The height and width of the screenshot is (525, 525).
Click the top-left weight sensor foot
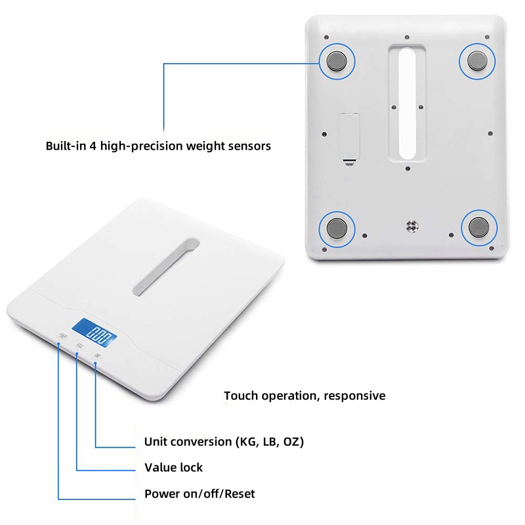(337, 61)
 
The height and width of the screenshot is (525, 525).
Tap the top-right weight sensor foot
(478, 61)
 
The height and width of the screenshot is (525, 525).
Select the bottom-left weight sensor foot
(337, 228)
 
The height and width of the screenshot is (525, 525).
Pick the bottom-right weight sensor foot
(479, 227)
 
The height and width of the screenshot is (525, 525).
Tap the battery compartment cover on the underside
(350, 137)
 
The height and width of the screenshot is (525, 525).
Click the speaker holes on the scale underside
(412, 226)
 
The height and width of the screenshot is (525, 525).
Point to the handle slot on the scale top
(166, 266)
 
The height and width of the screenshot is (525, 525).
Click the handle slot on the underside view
(407, 104)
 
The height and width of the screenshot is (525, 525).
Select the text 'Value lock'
(173, 467)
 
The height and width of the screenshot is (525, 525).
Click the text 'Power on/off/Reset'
(199, 494)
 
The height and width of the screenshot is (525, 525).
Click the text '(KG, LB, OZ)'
(270, 442)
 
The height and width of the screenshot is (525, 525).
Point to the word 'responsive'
(354, 396)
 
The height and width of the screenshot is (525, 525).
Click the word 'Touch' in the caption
(241, 396)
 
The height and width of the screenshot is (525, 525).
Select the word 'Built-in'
(66, 146)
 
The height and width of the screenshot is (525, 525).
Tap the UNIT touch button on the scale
(97, 356)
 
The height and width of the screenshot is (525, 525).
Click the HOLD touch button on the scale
(79, 346)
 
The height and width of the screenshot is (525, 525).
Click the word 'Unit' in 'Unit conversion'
(156, 442)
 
